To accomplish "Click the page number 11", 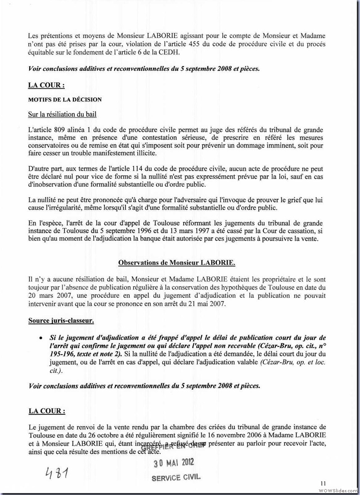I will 323,483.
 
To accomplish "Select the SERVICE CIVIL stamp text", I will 176,477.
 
